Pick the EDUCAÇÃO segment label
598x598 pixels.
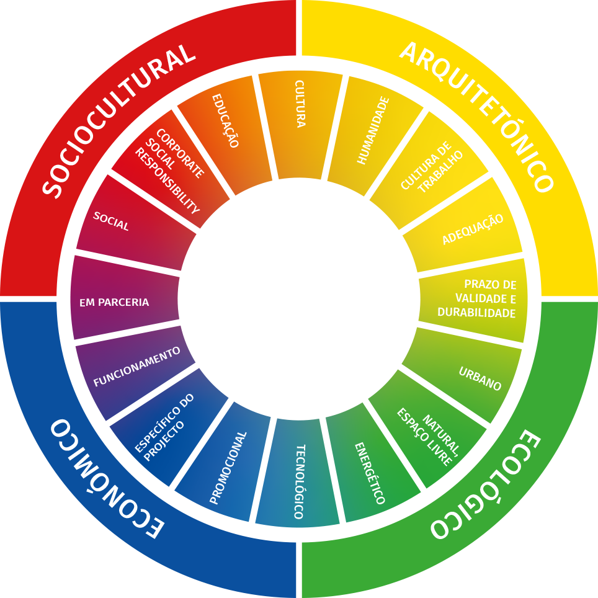(x=225, y=120)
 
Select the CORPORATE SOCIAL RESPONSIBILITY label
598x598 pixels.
(x=169, y=170)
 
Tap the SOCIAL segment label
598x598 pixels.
(x=111, y=221)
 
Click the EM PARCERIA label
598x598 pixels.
(x=114, y=303)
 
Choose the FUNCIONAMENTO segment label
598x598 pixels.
(x=136, y=367)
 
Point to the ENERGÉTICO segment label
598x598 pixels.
(x=370, y=473)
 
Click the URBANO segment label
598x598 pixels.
(x=480, y=379)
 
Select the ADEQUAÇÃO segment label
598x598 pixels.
(x=473, y=230)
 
